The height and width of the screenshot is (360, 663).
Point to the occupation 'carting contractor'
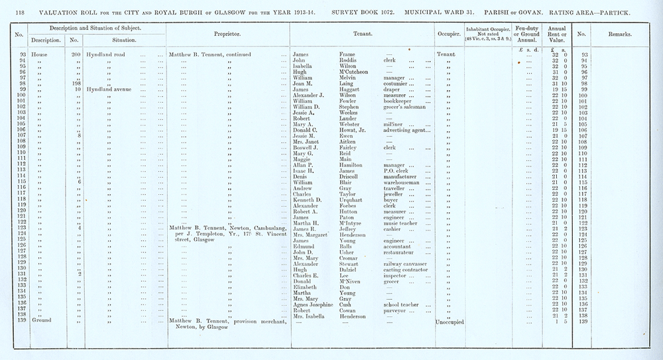(x=406, y=270)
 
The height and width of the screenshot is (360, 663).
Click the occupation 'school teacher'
(x=402, y=304)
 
